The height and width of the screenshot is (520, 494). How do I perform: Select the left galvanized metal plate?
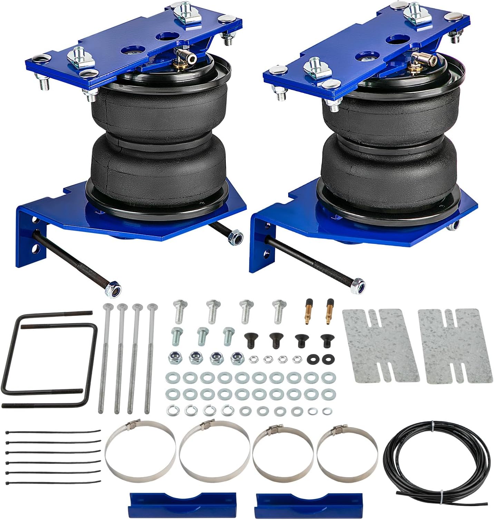380,346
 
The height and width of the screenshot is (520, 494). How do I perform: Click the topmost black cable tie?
54,432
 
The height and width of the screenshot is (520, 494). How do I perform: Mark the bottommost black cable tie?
54,482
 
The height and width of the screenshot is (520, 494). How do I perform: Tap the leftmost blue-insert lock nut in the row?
174,358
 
